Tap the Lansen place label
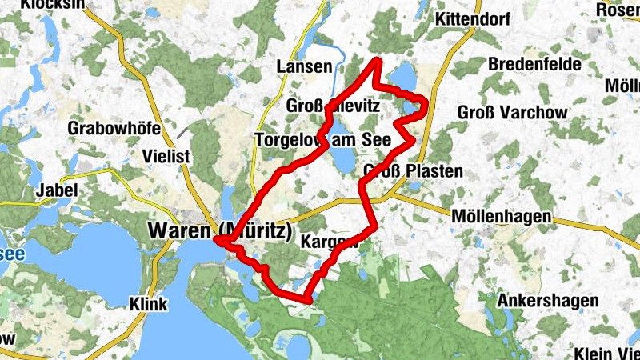pos(302,67)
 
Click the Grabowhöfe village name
pos(115,128)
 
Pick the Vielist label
pos(166,156)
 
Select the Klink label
pos(148,304)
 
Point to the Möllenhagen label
pos(501,217)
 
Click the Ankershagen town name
pos(547,301)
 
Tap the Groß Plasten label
pos(413,171)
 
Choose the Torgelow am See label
pos(322,140)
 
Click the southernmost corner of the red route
pos(306,301)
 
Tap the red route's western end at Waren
pos(216,238)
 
